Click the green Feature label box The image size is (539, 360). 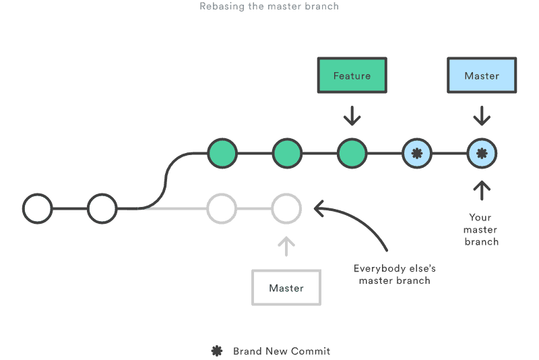(352, 76)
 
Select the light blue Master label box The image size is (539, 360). (482, 76)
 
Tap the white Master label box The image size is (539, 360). (286, 288)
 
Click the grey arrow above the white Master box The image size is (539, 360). (286, 246)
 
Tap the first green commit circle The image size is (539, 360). (222, 153)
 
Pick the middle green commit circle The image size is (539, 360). (286, 153)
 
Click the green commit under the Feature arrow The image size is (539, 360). (352, 153)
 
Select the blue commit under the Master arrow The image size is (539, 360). (482, 153)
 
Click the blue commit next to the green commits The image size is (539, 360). (417, 153)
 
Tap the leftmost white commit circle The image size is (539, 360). (38, 208)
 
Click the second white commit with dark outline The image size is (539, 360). (102, 208)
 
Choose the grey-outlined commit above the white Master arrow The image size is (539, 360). (286, 208)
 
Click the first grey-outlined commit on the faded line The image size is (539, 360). (222, 208)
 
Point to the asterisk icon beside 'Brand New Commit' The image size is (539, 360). (217, 351)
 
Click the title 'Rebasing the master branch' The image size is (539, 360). (269, 7)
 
